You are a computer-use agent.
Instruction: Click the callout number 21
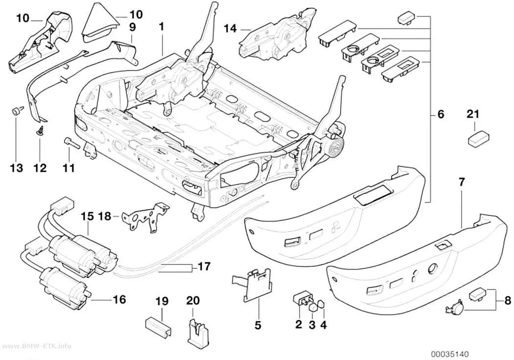point(473,115)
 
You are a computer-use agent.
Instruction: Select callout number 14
point(230,29)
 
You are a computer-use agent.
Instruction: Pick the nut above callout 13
point(15,111)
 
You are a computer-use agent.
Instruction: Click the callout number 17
point(204,266)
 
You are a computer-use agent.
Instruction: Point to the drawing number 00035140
point(450,354)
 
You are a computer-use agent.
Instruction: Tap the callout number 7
point(461,182)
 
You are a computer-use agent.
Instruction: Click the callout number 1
point(161,27)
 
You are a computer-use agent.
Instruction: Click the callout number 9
point(132,27)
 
